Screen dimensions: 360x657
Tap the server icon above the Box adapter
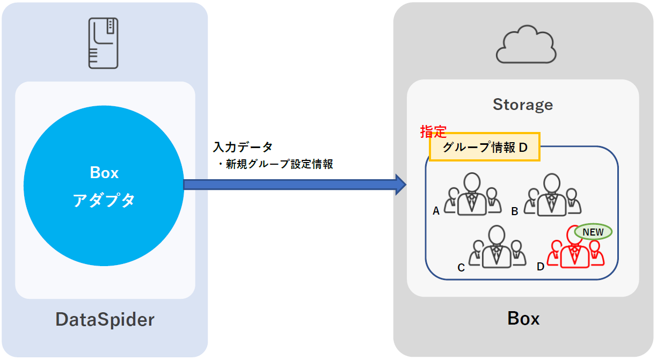tap(104, 43)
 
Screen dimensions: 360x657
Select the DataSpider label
tap(105, 320)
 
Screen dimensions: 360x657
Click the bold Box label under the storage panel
tap(523, 319)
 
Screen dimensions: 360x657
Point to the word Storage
tap(523, 105)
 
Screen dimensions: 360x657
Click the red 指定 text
tap(433, 132)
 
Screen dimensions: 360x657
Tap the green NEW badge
tap(593, 232)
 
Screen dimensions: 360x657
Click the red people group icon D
tap(575, 250)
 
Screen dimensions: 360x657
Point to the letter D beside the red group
tap(541, 266)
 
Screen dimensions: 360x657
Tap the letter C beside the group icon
tap(461, 267)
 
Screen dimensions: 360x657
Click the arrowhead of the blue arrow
tap(400, 185)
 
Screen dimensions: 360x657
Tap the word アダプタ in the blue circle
tap(104, 200)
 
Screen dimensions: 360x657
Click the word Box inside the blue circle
tap(104, 173)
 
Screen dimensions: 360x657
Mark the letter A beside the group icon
tap(436, 211)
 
